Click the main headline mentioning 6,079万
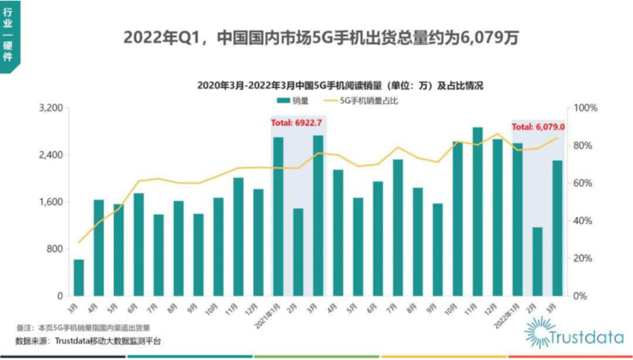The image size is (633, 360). [x=320, y=37]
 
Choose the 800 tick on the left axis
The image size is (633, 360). [x=55, y=249]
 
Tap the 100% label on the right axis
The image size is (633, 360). [x=586, y=108]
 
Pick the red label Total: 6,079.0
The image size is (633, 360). [x=538, y=127]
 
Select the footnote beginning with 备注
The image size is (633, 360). [x=82, y=326]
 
